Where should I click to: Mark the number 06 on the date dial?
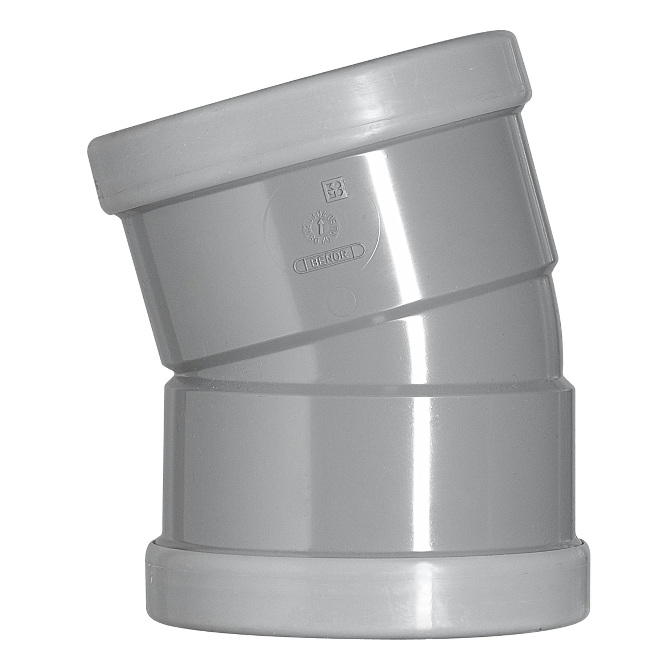337,228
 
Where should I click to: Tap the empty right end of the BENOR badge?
358,251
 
